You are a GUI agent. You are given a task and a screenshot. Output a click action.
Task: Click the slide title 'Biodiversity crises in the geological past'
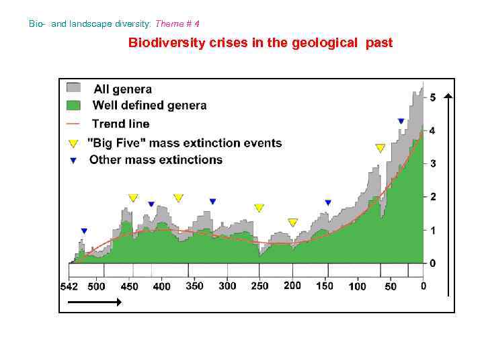pyautogui.click(x=260, y=44)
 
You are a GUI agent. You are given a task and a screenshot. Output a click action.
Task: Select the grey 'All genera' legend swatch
pyautogui.click(x=73, y=88)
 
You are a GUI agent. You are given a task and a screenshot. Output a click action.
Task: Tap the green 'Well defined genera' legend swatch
pyautogui.click(x=73, y=106)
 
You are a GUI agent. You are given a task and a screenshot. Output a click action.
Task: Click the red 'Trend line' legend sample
pyautogui.click(x=73, y=124)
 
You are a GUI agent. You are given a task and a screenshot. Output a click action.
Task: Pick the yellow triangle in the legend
pyautogui.click(x=73, y=143)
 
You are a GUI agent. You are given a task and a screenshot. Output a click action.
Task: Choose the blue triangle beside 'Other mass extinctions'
pyautogui.click(x=73, y=160)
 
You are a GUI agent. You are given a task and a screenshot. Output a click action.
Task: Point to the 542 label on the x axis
pyautogui.click(x=69, y=286)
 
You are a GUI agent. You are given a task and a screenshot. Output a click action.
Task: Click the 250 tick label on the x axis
pyautogui.click(x=259, y=286)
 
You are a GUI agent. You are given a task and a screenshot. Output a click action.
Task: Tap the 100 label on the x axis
pyautogui.click(x=358, y=286)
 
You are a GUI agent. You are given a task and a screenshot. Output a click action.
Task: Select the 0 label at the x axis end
pyautogui.click(x=423, y=286)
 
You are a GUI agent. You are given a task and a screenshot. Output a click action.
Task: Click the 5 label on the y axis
pyautogui.click(x=432, y=97)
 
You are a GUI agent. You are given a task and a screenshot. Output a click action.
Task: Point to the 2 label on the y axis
pyautogui.click(x=432, y=197)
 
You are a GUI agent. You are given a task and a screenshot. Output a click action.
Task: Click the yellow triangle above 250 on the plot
pyautogui.click(x=259, y=208)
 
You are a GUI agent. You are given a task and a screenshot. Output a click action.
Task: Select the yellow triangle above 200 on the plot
pyautogui.click(x=292, y=223)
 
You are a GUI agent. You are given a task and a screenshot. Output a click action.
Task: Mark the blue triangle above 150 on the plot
pyautogui.click(x=328, y=202)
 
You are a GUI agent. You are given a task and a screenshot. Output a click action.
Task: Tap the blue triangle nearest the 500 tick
pyautogui.click(x=84, y=231)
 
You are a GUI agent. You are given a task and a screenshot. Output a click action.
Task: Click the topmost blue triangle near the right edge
pyautogui.click(x=401, y=122)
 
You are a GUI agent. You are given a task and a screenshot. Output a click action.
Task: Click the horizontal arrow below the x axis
pyautogui.click(x=90, y=302)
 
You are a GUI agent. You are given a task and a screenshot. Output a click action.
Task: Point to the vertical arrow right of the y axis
pyautogui.click(x=448, y=195)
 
